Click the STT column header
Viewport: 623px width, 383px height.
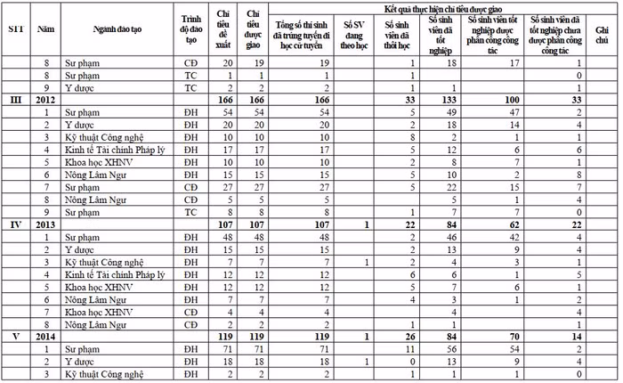(15, 29)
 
